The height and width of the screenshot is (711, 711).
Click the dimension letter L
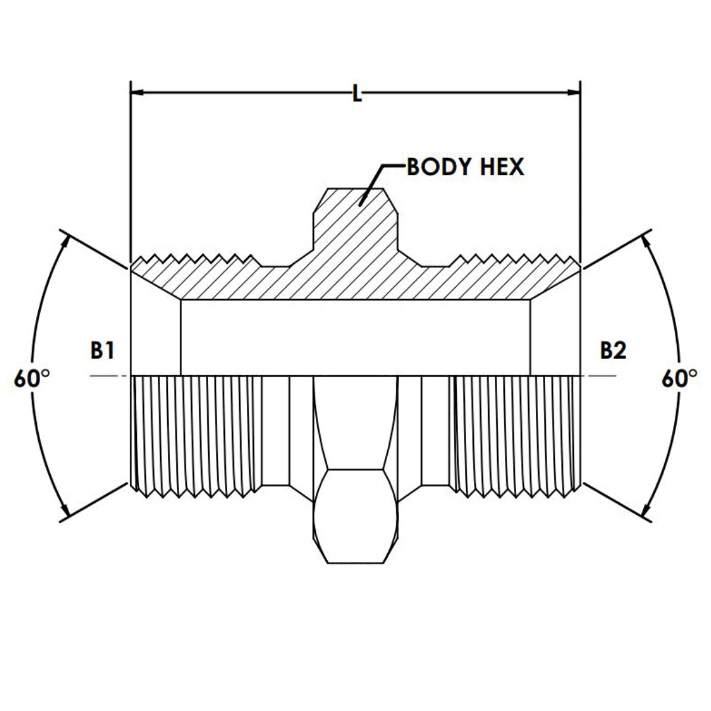click(356, 94)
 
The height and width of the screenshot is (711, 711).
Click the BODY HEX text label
click(465, 167)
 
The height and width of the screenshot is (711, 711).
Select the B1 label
click(102, 351)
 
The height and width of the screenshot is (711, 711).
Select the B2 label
click(612, 351)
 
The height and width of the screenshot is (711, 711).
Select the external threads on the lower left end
click(194, 434)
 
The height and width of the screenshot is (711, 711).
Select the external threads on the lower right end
click(517, 434)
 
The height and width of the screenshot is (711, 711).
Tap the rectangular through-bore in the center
click(355, 337)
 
